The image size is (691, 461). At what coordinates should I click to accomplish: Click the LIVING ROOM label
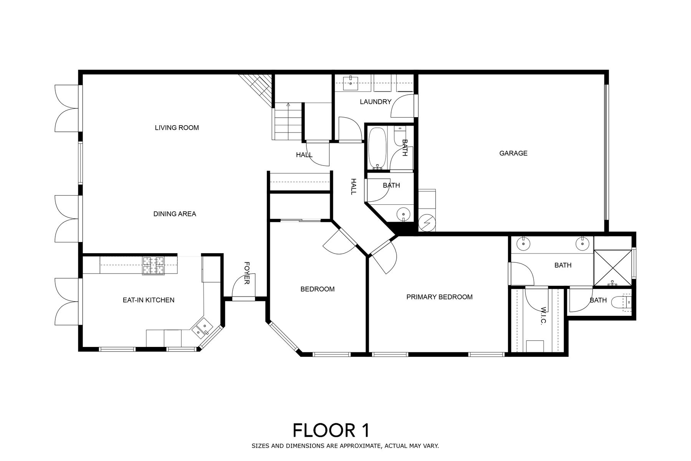177,128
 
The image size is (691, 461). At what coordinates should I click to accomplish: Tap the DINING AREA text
175,214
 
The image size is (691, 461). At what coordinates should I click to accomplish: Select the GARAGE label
513,153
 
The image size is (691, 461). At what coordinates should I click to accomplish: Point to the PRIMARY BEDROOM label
440,297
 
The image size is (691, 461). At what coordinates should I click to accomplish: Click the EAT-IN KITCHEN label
149,300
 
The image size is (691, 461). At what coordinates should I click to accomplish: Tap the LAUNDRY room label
375,102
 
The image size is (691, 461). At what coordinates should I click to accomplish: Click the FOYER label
247,273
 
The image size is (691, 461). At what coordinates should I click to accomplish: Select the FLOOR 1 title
331,430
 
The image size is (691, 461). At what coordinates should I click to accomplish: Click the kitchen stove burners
154,265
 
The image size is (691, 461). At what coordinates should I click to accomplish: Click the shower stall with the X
612,268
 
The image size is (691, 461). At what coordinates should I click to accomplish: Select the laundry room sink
351,83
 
